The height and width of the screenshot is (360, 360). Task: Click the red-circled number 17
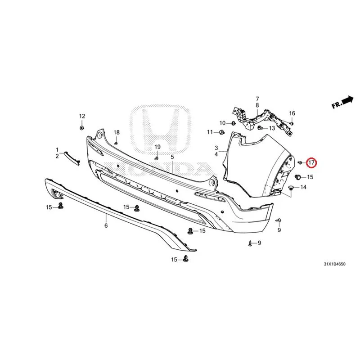point(312,163)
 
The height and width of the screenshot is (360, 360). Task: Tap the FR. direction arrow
point(347,100)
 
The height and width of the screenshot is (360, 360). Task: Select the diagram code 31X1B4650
point(334,264)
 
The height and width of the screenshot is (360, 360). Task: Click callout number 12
point(82,116)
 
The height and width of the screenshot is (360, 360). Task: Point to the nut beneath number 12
point(81,128)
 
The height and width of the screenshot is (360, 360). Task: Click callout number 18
point(117,132)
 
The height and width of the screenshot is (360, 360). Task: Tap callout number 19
point(157,147)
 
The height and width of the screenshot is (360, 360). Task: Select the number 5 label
point(172,157)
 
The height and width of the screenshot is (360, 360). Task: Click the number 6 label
point(106,226)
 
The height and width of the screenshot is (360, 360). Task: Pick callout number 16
point(292,113)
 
